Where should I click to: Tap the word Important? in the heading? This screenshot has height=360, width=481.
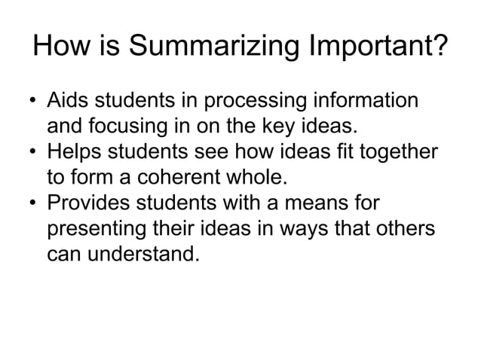(x=375, y=49)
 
